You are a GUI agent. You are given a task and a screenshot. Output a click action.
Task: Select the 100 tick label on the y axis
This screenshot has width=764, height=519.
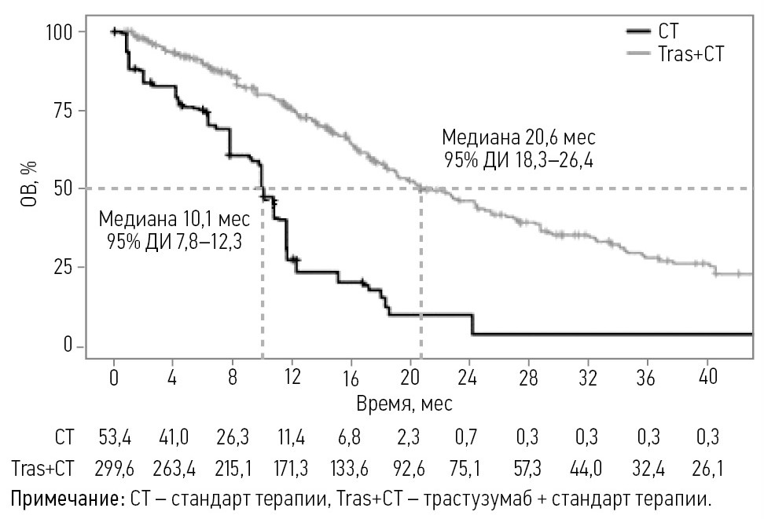(59, 31)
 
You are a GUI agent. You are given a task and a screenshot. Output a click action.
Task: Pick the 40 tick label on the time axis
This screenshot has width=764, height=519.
(709, 377)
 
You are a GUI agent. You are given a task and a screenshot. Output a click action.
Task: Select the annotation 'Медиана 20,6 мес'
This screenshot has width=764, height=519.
(518, 137)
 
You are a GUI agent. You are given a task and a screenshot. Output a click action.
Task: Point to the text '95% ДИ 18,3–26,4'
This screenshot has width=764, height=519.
(518, 162)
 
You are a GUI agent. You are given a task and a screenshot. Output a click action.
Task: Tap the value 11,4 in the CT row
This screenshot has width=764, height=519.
(293, 437)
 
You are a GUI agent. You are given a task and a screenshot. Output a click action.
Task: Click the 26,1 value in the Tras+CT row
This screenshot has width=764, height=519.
(709, 469)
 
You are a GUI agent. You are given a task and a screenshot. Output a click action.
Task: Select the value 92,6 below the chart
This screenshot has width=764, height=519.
(412, 469)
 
